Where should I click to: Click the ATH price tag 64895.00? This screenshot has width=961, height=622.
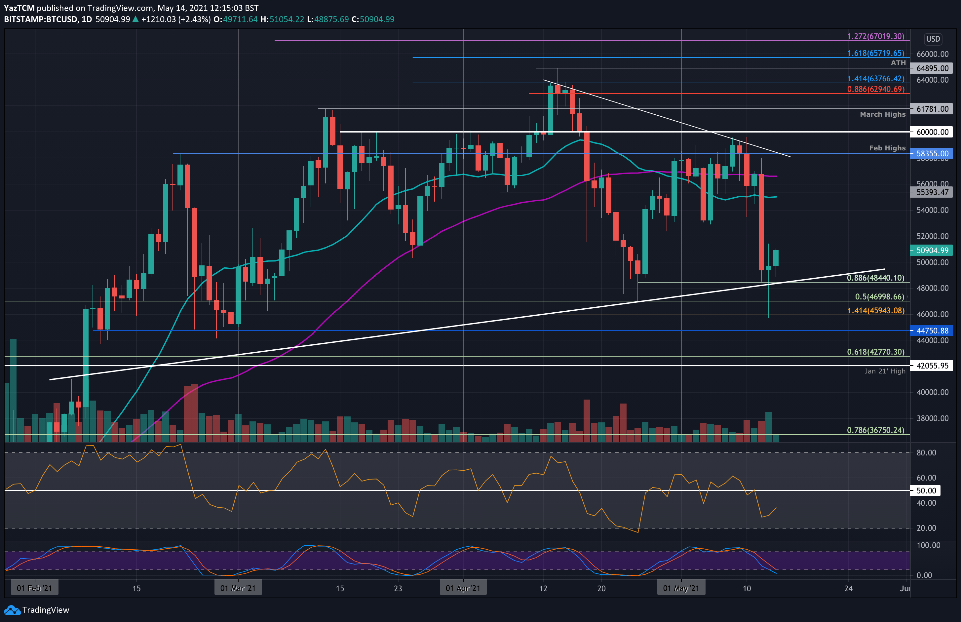point(932,68)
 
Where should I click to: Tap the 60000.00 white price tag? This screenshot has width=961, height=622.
point(932,132)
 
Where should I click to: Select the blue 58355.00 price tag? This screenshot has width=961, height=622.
point(932,153)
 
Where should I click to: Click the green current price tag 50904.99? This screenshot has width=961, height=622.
point(932,251)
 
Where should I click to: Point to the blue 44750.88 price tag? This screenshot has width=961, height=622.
point(932,331)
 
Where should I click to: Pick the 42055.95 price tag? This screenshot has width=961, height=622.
point(932,366)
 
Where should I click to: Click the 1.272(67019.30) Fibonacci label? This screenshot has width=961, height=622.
point(875,36)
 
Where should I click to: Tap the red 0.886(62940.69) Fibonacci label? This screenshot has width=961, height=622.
point(875,89)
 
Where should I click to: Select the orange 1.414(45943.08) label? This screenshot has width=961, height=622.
point(875,311)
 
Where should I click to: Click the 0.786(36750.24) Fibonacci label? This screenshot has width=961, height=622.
point(875,430)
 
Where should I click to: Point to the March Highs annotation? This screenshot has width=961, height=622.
point(882,114)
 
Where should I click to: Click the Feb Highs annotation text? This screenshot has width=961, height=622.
point(887,148)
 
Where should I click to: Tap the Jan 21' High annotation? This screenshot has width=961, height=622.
point(885,371)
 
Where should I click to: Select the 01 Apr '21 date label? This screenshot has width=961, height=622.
point(463,588)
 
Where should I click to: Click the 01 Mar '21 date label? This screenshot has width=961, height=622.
point(238,588)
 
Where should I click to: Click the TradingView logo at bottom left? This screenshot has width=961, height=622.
point(36,610)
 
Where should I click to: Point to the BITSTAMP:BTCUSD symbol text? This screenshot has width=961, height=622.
point(40,19)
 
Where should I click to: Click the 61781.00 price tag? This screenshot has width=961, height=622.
point(932,109)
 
